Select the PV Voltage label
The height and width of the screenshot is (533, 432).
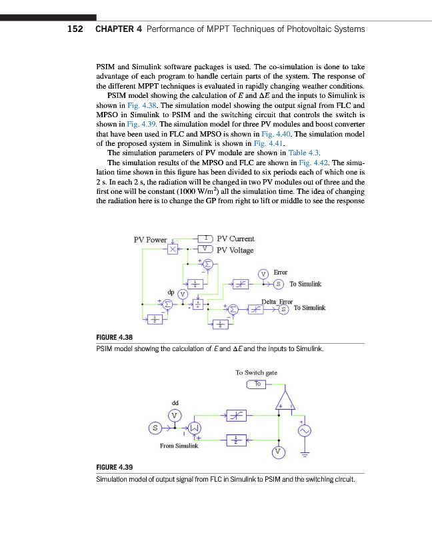(x=235, y=251)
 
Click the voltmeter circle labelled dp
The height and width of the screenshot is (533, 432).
(x=182, y=294)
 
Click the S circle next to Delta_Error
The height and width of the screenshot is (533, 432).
(x=284, y=309)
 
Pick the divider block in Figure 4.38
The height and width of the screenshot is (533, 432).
(x=198, y=303)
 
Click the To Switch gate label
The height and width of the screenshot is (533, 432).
(x=256, y=373)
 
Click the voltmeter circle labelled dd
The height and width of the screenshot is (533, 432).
(x=175, y=415)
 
